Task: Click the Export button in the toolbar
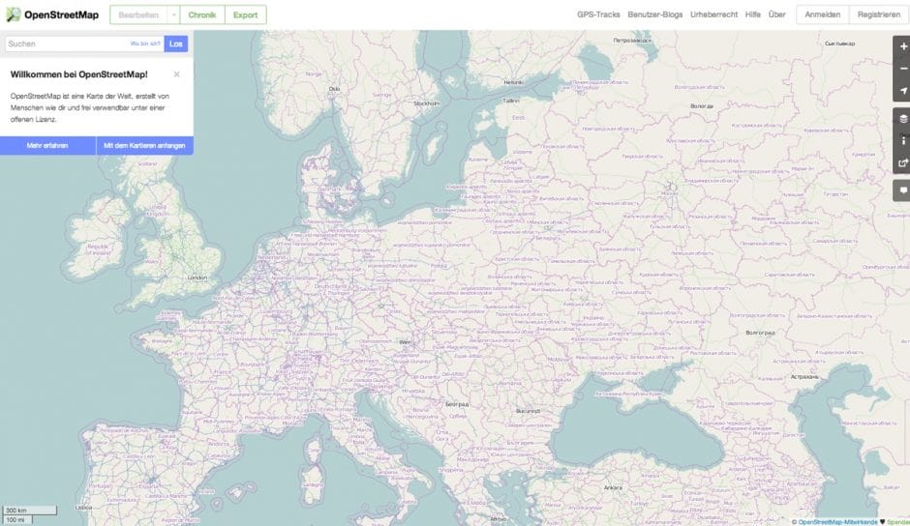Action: pyautogui.click(x=245, y=15)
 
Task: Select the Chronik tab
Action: pyautogui.click(x=201, y=15)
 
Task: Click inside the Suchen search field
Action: pyautogui.click(x=68, y=44)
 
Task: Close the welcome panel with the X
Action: pyautogui.click(x=176, y=73)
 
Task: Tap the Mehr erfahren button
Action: pyautogui.click(x=47, y=145)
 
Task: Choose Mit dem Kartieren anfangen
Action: pyautogui.click(x=144, y=145)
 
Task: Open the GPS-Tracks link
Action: pyautogui.click(x=598, y=15)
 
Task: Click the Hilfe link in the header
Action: pyautogui.click(x=752, y=15)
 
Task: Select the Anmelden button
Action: pyautogui.click(x=822, y=15)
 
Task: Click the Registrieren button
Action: pyautogui.click(x=879, y=15)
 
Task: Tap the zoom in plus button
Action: pyautogui.click(x=902, y=45)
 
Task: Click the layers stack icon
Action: pyautogui.click(x=902, y=118)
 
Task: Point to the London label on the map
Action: pyautogui.click(x=197, y=278)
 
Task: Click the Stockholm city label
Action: pyautogui.click(x=426, y=102)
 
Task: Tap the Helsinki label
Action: pyautogui.click(x=512, y=81)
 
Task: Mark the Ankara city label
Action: pyautogui.click(x=613, y=487)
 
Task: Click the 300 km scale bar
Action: pyautogui.click(x=15, y=510)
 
